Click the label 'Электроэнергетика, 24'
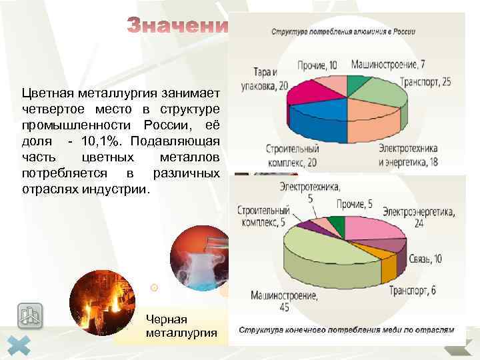419,217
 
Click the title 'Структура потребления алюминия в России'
343,31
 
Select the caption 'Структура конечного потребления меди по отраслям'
347,329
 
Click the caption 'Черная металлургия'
181,325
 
